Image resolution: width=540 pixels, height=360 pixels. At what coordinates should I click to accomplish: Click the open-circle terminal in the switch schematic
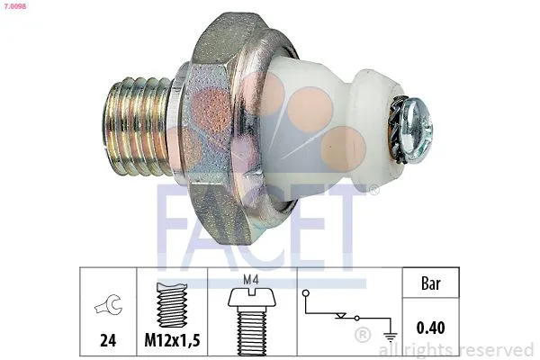(x=307, y=293)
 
